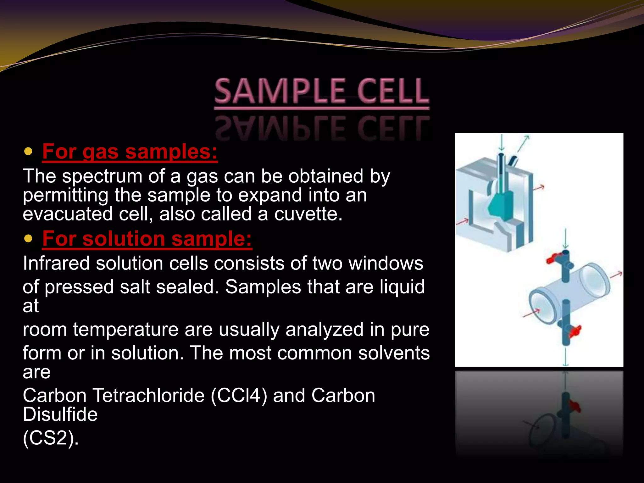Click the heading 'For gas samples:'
point(130,152)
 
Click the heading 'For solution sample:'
point(147,239)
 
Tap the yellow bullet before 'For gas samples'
point(28,152)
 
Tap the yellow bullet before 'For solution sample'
point(28,239)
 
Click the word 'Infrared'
point(56,263)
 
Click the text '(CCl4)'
point(239,396)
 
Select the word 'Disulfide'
point(60,414)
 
